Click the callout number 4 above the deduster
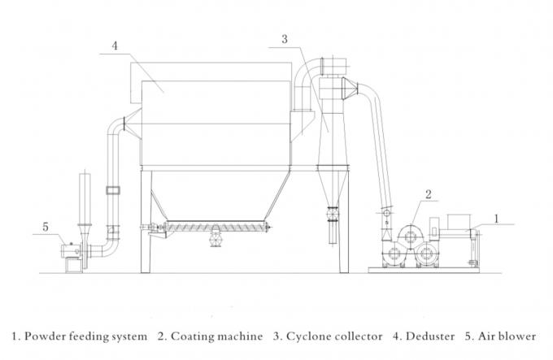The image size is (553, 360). point(115,46)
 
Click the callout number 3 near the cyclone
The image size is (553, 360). point(285,38)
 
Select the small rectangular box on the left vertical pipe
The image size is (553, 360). point(112,191)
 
